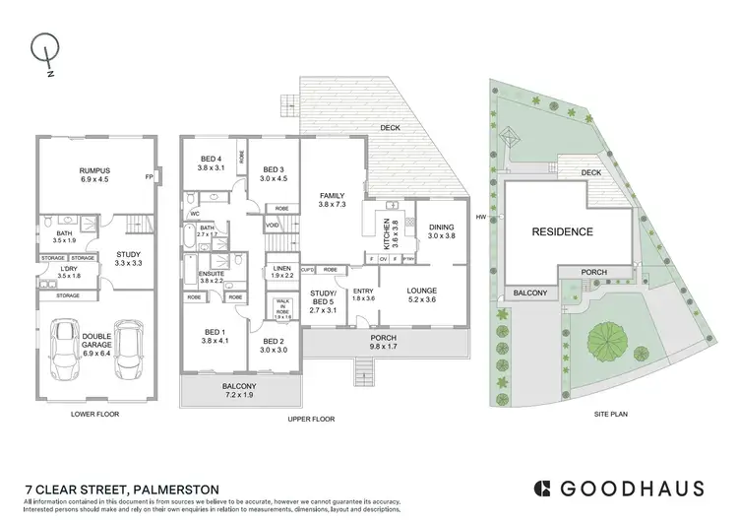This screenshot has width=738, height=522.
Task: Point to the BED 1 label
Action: (x=215, y=335)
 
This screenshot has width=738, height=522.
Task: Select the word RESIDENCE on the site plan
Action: (x=563, y=232)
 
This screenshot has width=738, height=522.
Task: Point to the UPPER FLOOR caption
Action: (x=313, y=418)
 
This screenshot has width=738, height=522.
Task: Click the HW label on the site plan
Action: (x=482, y=218)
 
